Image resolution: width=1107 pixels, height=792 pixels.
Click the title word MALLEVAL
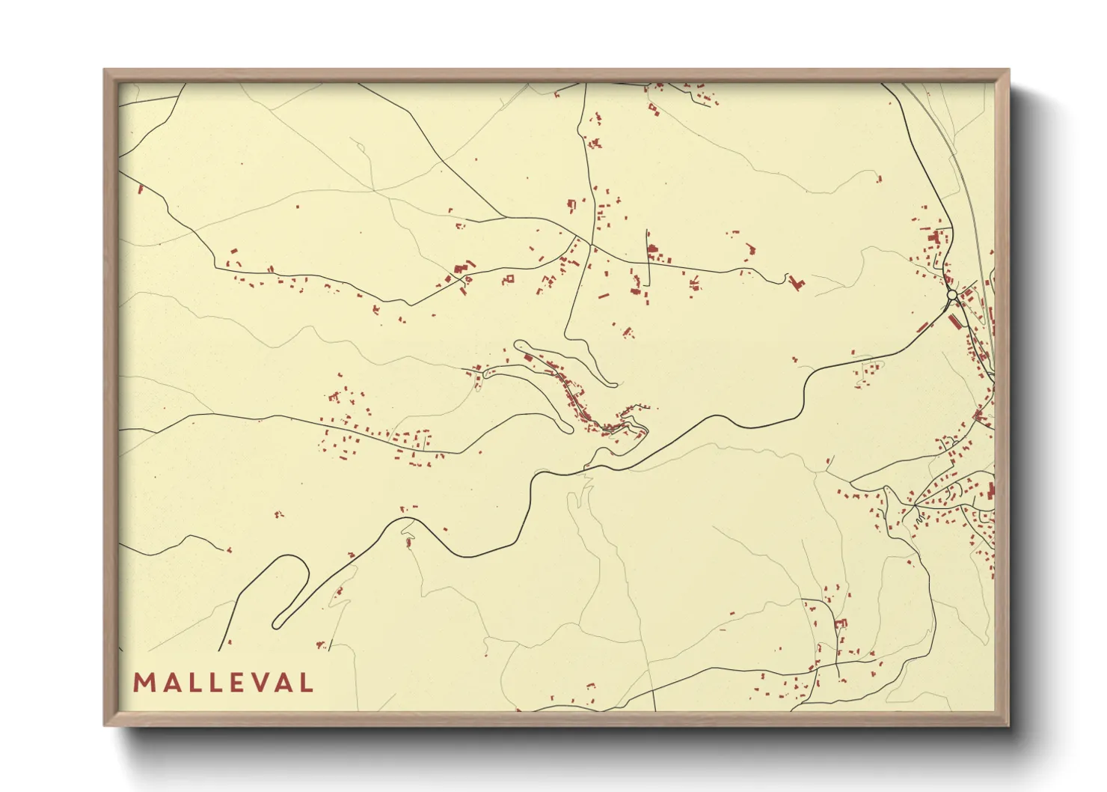click(x=223, y=683)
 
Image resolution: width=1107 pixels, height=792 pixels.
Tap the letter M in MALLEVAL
click(x=143, y=683)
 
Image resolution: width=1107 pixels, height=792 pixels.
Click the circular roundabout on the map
click(x=951, y=296)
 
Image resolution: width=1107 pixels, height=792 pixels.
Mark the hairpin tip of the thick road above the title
click(x=278, y=623)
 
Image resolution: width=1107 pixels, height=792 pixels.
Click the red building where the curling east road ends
click(x=797, y=283)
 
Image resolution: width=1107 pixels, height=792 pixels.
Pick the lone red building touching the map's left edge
click(x=140, y=189)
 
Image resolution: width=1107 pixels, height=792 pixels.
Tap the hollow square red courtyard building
click(x=510, y=279)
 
